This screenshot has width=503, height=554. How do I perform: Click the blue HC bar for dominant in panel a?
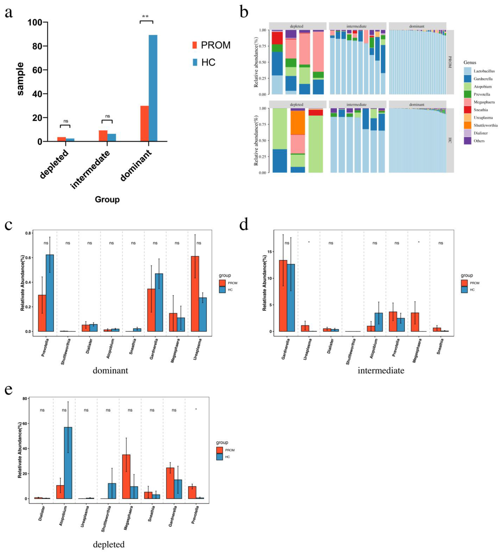pyautogui.click(x=153, y=88)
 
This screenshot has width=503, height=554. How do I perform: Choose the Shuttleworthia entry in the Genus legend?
pyautogui.click(x=485, y=125)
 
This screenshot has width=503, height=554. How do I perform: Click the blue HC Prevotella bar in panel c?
pyautogui.click(x=50, y=293)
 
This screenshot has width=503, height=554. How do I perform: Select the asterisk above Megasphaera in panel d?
pyautogui.click(x=419, y=242)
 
